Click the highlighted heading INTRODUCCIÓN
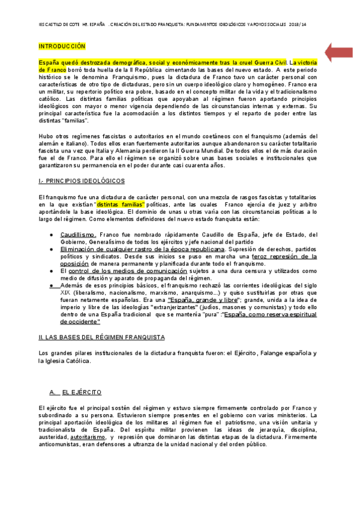tap(62, 46)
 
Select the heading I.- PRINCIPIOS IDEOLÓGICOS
tap(81, 180)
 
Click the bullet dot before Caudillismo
tap(53, 235)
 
